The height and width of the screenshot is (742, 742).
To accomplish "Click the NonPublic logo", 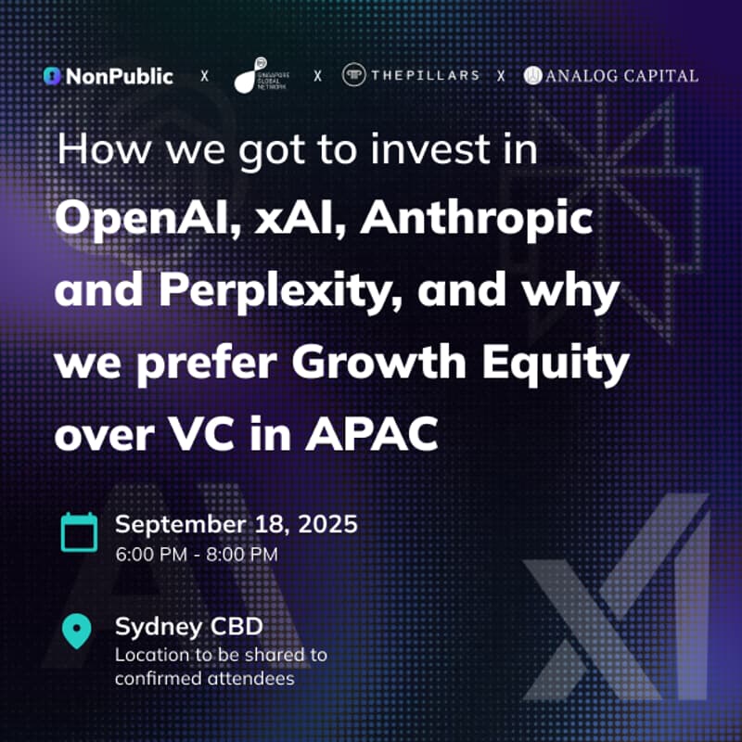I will tap(109, 76).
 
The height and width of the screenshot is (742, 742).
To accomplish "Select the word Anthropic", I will tap(476, 220).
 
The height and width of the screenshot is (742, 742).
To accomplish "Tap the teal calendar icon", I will tap(79, 531).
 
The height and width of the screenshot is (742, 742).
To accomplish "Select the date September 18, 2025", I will tap(236, 523).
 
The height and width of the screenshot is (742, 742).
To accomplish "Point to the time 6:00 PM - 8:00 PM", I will tap(197, 555).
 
